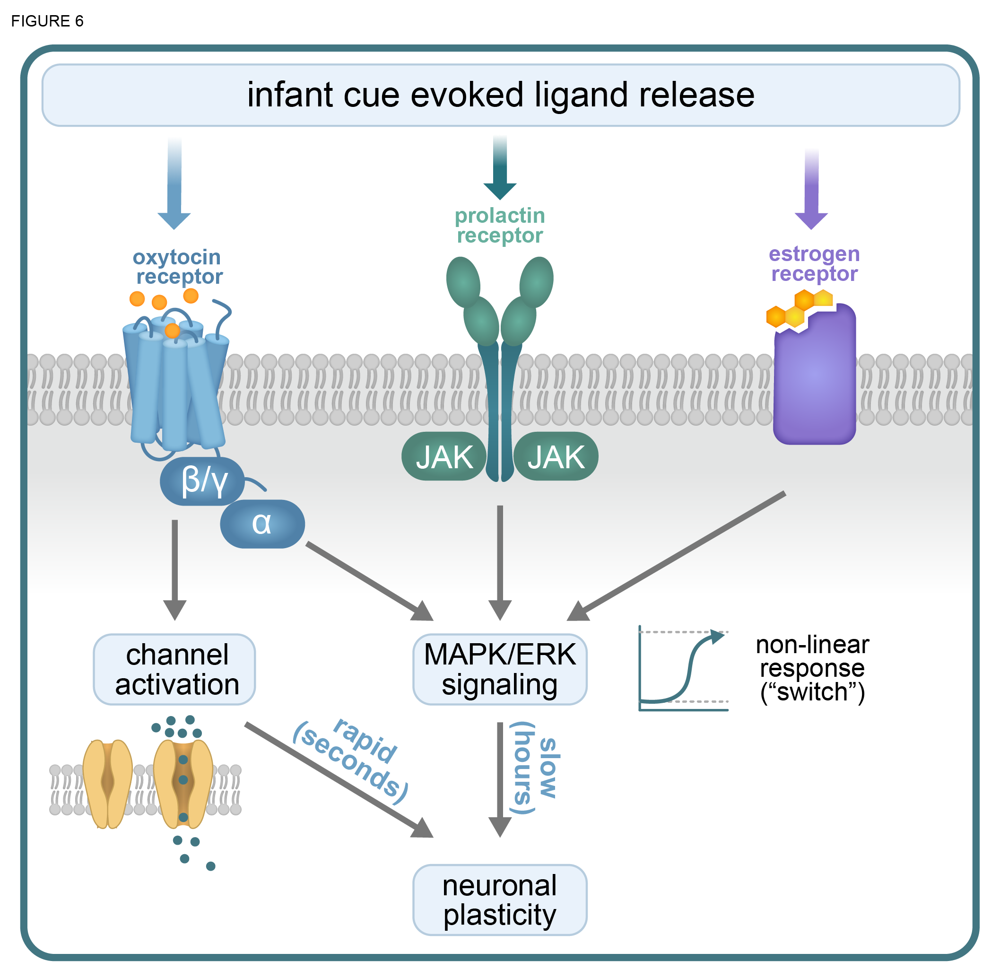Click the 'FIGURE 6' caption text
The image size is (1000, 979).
click(x=47, y=21)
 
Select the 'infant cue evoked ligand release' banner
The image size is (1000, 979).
click(x=500, y=95)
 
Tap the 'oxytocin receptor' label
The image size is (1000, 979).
click(x=178, y=267)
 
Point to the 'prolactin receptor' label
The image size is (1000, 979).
click(x=500, y=226)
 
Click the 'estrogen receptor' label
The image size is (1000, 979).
click(x=814, y=264)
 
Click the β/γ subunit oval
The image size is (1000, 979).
click(x=202, y=481)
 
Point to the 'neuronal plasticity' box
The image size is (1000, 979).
click(x=500, y=900)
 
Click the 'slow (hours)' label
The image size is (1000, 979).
click(x=535, y=768)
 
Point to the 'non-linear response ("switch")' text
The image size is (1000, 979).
click(x=812, y=668)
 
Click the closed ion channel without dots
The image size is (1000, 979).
click(x=107, y=784)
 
